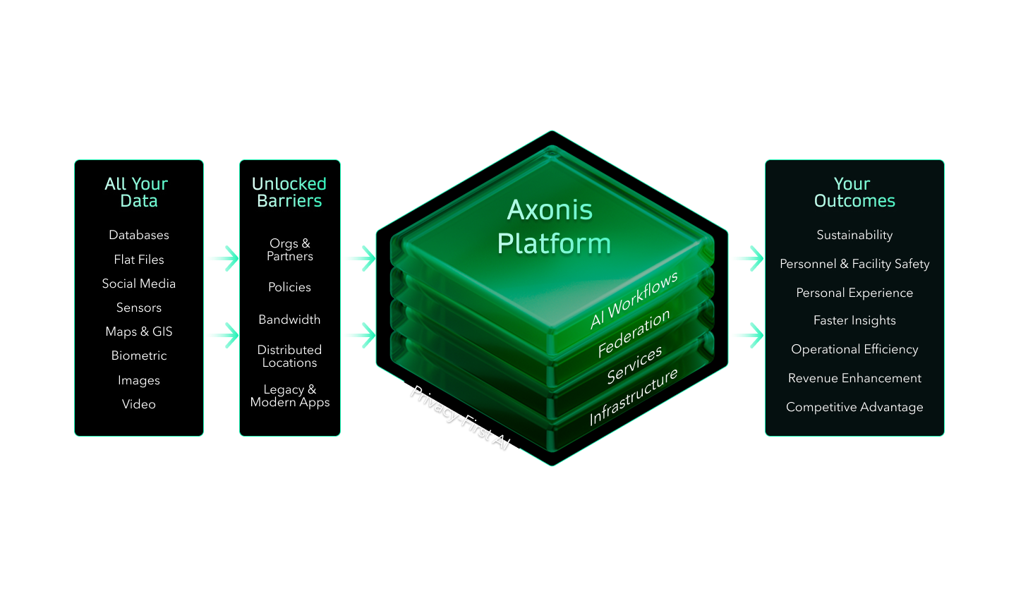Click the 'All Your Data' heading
[137, 193]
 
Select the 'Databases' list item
[139, 235]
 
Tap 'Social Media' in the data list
[139, 284]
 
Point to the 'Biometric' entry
[139, 355]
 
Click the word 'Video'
[139, 404]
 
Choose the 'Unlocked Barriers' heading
[289, 193]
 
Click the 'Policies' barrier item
[289, 287]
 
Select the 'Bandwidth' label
[289, 320]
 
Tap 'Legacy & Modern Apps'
[289, 396]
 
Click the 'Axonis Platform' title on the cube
[552, 226]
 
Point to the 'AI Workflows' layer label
[634, 300]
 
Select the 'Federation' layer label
[634, 334]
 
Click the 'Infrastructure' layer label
[634, 396]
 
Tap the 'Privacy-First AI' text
[459, 418]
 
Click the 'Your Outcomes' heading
[854, 193]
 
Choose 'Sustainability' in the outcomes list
[854, 235]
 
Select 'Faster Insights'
[854, 320]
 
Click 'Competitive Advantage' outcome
[854, 407]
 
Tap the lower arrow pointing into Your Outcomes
[746, 335]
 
